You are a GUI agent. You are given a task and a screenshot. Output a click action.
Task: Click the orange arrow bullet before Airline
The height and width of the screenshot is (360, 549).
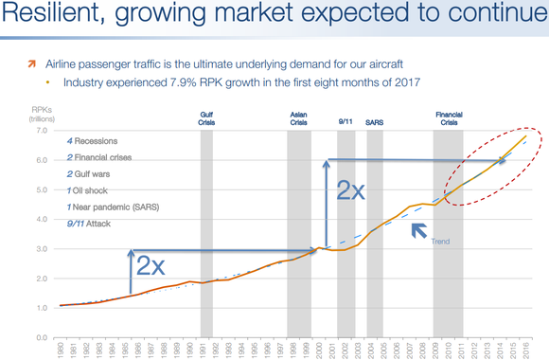pos(30,63)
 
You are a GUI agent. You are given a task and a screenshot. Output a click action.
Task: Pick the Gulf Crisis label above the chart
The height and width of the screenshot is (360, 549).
pos(206,118)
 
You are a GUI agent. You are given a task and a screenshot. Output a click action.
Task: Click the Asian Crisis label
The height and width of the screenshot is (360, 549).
pos(299,118)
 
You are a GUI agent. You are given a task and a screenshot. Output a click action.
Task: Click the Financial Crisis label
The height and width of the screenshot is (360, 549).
pos(449,118)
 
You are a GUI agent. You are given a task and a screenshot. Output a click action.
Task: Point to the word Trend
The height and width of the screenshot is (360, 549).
pos(440,242)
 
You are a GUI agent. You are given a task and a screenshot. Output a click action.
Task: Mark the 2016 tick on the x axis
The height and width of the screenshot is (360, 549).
pos(525,351)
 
